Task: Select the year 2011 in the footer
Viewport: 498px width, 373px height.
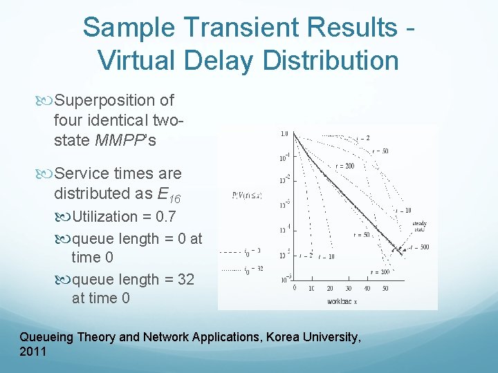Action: (33, 352)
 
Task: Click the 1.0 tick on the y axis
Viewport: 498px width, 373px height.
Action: (284, 133)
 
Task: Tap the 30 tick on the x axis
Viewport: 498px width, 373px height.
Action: (347, 288)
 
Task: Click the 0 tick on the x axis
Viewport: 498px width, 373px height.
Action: (295, 288)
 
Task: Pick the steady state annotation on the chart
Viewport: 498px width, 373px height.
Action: (419, 227)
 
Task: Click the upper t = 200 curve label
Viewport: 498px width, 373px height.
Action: (344, 166)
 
